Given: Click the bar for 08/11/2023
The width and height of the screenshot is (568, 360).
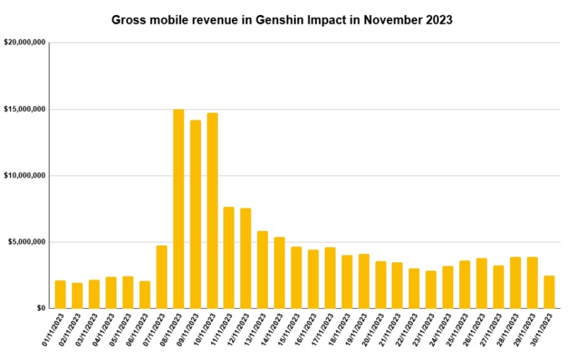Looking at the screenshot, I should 179,209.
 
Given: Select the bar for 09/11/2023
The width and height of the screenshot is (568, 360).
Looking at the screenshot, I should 195,214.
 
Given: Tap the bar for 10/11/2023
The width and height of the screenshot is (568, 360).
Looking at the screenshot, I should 213,211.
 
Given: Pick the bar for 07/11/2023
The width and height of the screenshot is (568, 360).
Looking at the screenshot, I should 161,276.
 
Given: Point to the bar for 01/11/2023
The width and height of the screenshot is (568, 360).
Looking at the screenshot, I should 61,294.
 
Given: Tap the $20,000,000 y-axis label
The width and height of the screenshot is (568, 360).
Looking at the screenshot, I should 24,43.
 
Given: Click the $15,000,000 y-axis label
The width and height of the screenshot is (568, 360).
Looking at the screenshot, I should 24,109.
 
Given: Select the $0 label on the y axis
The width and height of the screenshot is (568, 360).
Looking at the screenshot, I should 40,308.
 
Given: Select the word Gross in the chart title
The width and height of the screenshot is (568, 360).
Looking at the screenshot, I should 126,20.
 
